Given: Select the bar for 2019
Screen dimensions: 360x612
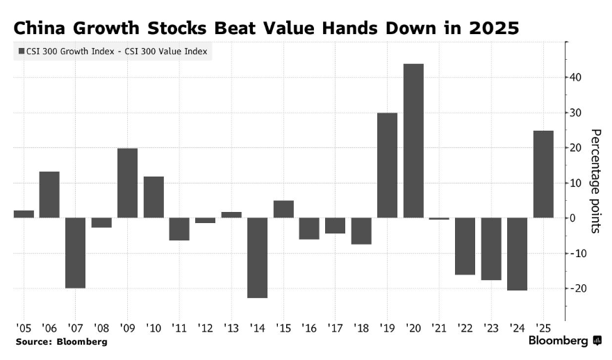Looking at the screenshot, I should [387, 165].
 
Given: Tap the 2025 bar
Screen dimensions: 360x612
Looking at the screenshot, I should [543, 174].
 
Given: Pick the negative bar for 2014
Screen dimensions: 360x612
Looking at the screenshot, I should [257, 258].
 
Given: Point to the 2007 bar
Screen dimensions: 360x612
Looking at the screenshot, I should [75, 253].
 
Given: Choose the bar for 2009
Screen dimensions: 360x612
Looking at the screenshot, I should [127, 183].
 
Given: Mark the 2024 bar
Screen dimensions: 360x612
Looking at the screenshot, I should [517, 254].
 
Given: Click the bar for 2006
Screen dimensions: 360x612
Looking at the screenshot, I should [49, 195].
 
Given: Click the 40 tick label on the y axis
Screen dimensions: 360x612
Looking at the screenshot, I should [577, 77].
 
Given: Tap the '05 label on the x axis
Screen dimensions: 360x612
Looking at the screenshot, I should [23, 327].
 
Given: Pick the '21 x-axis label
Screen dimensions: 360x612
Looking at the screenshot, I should [439, 327].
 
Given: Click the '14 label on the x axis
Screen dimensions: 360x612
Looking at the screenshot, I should [257, 327].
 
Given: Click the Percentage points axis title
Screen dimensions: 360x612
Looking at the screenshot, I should [595, 181].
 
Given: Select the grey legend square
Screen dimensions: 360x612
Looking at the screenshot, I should [19, 51].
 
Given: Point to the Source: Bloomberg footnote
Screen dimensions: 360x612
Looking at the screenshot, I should [62, 342].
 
